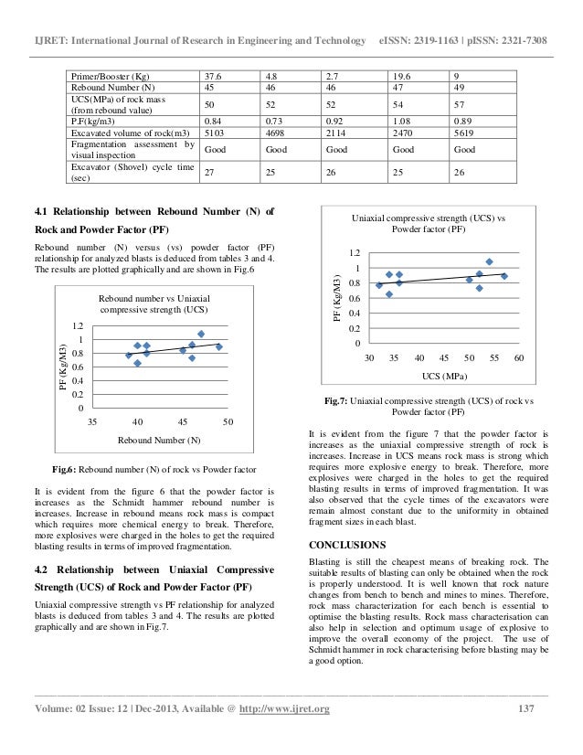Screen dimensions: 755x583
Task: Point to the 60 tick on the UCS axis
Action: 518,357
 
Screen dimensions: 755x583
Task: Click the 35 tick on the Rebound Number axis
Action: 92,422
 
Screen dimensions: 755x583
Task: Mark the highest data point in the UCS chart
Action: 489,262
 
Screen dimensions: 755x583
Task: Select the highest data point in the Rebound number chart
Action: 201,334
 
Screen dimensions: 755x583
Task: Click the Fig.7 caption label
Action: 341,400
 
